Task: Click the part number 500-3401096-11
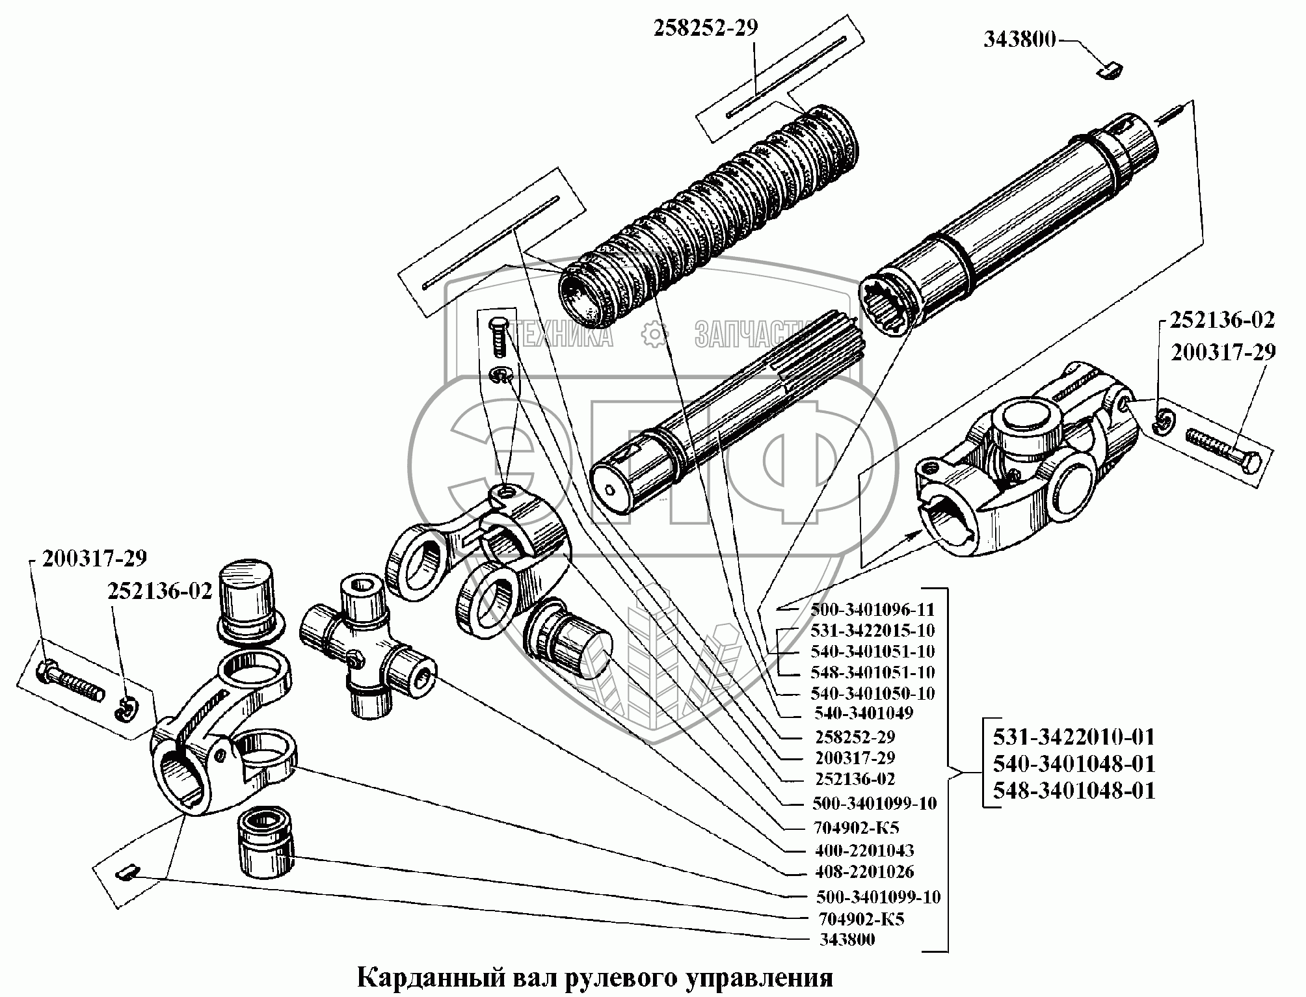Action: tap(872, 609)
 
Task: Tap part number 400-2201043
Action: tap(864, 851)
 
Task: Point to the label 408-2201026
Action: tap(864, 871)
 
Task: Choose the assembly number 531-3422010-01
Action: tap(1074, 737)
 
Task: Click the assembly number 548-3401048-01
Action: tap(1074, 790)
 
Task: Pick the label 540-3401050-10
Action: tap(872, 693)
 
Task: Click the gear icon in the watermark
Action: tap(654, 335)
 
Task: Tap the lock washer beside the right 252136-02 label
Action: tap(1163, 425)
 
